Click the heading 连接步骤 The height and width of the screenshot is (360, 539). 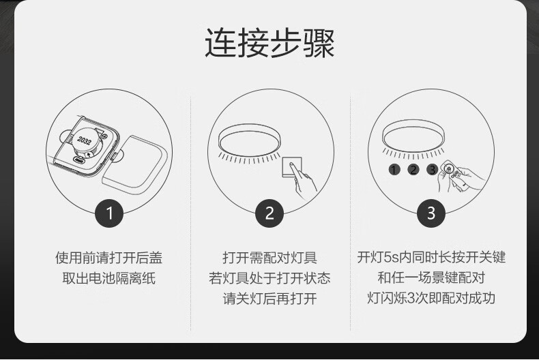point(269,43)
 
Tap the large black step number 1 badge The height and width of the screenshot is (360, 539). point(109,213)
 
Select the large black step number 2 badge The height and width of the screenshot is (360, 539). point(269,213)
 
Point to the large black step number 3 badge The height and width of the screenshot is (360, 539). point(431,213)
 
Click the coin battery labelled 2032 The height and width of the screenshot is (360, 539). point(85,142)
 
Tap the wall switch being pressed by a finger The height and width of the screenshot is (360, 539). point(292,166)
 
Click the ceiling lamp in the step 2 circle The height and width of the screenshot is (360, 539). point(250,140)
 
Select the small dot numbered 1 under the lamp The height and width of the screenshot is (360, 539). point(394,169)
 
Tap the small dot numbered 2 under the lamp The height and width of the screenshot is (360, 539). point(413,169)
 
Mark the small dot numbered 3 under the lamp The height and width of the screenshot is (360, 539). point(432,169)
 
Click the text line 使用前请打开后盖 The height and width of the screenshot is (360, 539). point(108,258)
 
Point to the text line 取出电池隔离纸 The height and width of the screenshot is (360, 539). point(108,278)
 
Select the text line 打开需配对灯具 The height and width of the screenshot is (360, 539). point(269,258)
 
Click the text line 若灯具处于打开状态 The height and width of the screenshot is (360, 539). point(269,278)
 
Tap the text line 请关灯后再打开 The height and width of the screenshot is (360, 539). point(269,299)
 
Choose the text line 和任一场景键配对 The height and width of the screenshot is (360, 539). point(431,277)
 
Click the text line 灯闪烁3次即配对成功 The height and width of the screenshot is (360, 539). point(431,298)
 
